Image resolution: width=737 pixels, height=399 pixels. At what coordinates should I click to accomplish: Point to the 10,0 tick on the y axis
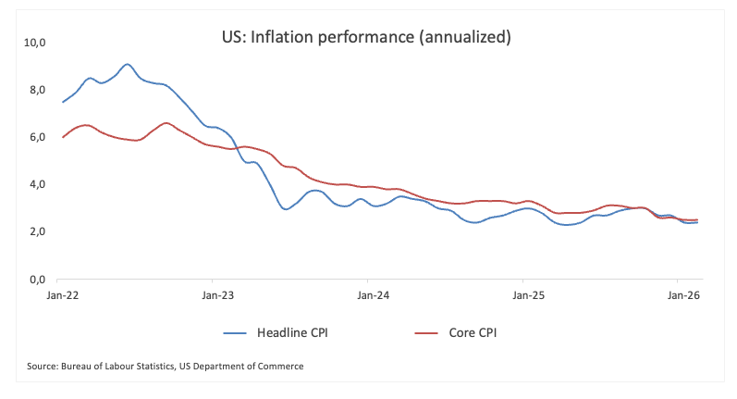(35, 43)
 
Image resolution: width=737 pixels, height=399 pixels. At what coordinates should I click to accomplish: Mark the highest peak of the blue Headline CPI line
(128, 64)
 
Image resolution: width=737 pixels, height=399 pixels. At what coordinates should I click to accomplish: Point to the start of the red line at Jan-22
(63, 137)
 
